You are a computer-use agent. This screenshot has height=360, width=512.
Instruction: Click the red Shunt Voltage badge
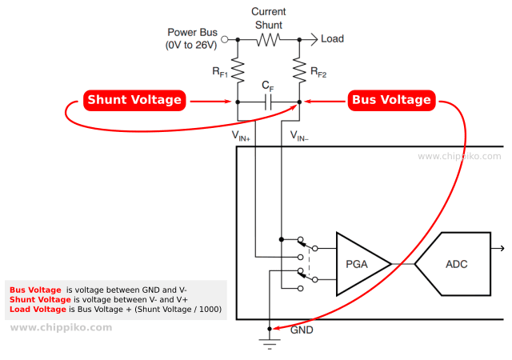pos(134,100)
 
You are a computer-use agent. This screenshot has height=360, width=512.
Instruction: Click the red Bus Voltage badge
pos(391,100)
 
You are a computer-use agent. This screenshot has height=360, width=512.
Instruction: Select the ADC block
pos(453,264)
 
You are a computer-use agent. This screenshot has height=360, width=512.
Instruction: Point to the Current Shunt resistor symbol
pos(268,39)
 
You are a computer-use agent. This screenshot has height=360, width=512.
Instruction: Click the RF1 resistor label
pos(220,72)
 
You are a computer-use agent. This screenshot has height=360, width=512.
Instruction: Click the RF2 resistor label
pos(318,72)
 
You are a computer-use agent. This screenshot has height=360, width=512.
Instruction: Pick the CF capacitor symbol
pos(268,102)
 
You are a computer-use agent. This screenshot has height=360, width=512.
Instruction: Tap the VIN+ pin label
pos(241,135)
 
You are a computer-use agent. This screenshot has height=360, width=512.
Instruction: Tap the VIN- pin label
pos(299,135)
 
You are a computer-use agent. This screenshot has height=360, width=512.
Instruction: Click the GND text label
pos(302,330)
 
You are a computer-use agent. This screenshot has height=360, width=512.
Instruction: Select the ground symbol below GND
pos(270,344)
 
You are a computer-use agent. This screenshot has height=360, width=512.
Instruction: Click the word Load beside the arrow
pos(333,38)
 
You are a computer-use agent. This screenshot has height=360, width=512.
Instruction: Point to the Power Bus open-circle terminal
pos(225,39)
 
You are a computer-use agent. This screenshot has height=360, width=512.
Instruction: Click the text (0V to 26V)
pos(191,45)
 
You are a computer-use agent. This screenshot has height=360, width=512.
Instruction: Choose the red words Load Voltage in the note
pos(38,310)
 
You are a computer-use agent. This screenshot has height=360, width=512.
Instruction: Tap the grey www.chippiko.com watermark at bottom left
pos(61,327)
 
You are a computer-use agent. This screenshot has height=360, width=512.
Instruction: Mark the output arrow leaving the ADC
pos(498,249)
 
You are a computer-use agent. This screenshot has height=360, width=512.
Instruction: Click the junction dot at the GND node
pos(270,329)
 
